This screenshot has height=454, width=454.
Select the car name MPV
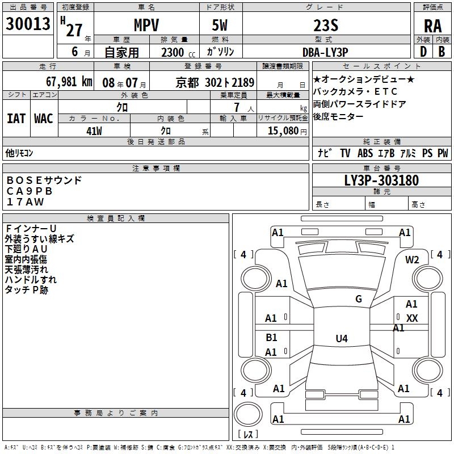click(146, 26)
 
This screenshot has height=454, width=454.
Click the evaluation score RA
click(432, 26)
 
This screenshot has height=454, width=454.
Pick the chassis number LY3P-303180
click(381, 181)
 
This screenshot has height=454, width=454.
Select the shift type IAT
click(16, 119)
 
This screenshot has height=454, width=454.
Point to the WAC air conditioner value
click(43, 119)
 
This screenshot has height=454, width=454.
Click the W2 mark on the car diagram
click(412, 260)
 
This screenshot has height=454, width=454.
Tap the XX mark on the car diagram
click(412, 318)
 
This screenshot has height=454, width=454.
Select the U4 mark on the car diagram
click(341, 339)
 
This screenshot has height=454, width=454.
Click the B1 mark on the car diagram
click(271, 338)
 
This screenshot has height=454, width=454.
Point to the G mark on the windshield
click(359, 299)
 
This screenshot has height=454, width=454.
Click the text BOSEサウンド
click(44, 180)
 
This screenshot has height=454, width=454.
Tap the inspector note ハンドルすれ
click(31, 280)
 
